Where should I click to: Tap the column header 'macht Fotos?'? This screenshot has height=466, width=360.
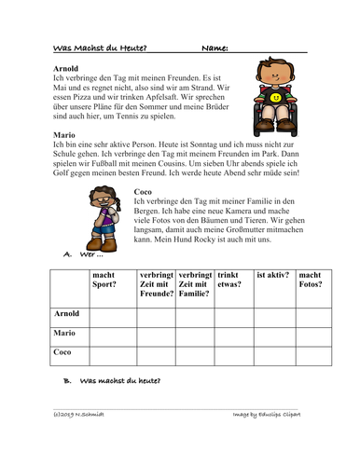click(312, 281)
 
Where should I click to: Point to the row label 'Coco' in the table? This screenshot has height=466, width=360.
click(59, 352)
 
